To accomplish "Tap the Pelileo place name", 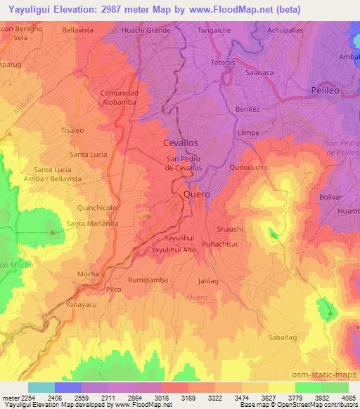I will point(326,90).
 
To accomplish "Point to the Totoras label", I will point(222,63).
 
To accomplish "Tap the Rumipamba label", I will point(146,279).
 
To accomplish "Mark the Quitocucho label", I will point(249,167).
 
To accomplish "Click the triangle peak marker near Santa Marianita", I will point(52,231).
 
